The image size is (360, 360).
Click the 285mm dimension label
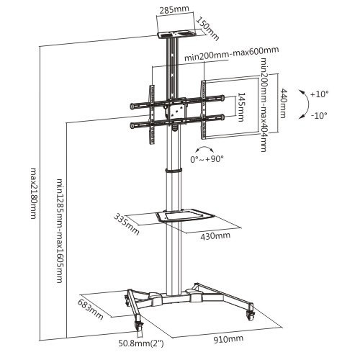(x=174, y=9)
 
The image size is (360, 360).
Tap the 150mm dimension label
(x=208, y=29)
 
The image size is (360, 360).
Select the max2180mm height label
(x=33, y=193)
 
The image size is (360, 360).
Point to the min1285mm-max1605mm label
(x=60, y=230)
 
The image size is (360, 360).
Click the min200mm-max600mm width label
(x=232, y=54)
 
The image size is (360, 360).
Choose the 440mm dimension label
(x=283, y=103)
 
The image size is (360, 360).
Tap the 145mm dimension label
(x=240, y=107)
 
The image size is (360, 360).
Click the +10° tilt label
(x=319, y=94)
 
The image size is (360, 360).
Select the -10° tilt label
(x=319, y=116)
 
